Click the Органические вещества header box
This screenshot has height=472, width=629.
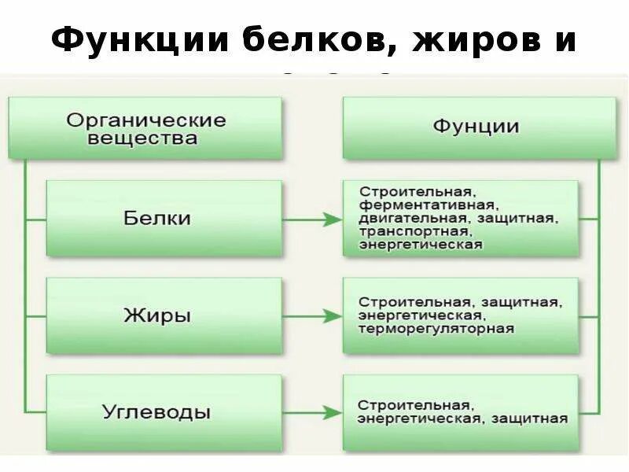(145, 128)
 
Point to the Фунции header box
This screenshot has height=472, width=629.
(479, 127)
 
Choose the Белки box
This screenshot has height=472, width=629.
(164, 218)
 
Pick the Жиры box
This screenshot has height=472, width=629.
(164, 315)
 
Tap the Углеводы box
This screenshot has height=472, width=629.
(164, 412)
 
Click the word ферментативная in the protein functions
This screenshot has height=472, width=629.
(419, 205)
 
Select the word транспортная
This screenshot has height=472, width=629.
(414, 231)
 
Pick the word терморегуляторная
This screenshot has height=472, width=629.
(436, 329)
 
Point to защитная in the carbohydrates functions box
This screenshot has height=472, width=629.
(529, 419)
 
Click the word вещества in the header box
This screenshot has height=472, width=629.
(131, 139)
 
